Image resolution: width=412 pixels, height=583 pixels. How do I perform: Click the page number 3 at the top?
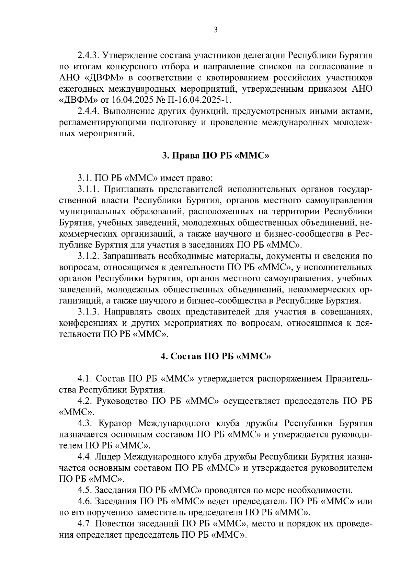coord(216,30)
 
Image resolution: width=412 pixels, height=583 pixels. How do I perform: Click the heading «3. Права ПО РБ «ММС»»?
coord(216,156)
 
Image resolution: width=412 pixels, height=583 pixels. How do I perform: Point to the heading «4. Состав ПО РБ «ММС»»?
coord(216,356)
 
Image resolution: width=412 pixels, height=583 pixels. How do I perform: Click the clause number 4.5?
coord(84,490)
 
